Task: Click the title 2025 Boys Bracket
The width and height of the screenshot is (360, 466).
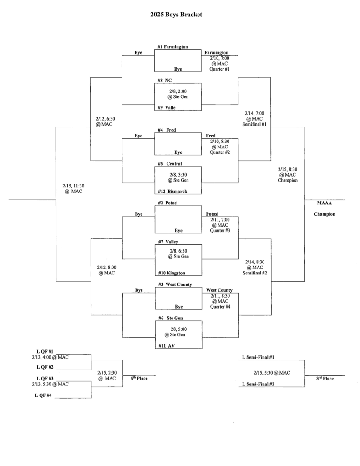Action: coord(176,15)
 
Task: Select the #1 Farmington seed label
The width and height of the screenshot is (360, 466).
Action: coord(172,46)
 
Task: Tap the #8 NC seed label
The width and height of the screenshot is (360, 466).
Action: coord(164,80)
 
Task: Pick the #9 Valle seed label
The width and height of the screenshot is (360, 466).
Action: coord(167,107)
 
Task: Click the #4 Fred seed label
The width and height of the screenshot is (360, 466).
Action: coord(167,130)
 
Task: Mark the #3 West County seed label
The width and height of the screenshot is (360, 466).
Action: coord(175,284)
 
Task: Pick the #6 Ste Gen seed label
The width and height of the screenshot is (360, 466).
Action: coord(170,318)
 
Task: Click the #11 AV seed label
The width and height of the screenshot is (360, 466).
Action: coord(166,346)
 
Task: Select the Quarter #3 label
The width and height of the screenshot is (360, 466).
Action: coord(219,231)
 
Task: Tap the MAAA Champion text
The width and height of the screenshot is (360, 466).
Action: coord(324,208)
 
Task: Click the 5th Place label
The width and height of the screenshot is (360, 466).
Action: coord(139,378)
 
